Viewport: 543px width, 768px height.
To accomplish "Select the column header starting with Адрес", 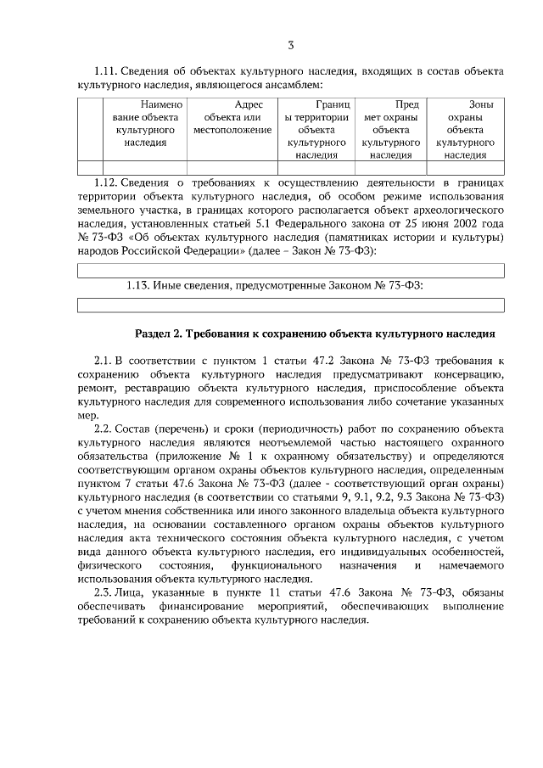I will pyautogui.click(x=232, y=117).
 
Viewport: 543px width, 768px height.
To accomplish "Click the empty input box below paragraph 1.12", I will pyautogui.click(x=290, y=271).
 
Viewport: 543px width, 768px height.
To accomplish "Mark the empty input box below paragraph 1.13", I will pyautogui.click(x=290, y=306).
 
